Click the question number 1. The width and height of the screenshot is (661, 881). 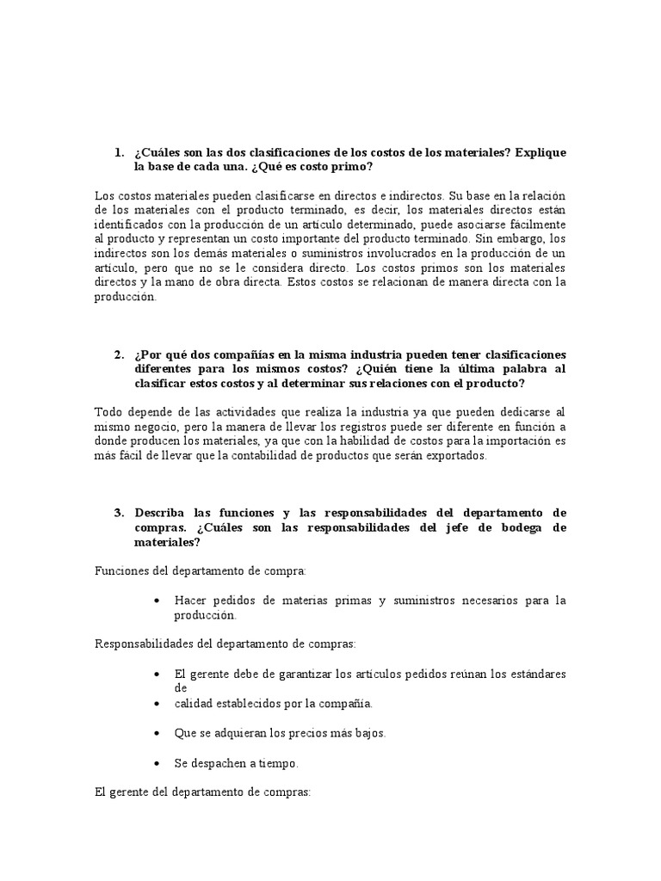pyautogui.click(x=119, y=152)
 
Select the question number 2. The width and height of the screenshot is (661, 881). pyautogui.click(x=119, y=354)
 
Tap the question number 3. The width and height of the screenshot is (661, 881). pyautogui.click(x=119, y=512)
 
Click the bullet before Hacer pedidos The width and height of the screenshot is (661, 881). pyautogui.click(x=156, y=601)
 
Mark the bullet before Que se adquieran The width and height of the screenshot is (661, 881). pyautogui.click(x=156, y=734)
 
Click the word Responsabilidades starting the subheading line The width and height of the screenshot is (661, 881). pyautogui.click(x=143, y=644)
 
